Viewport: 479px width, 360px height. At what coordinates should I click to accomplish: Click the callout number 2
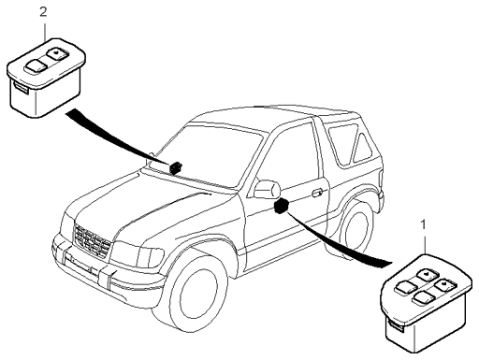[43, 12]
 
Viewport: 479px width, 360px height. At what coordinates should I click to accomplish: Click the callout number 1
[423, 225]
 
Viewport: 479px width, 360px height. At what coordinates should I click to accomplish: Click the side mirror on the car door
[267, 189]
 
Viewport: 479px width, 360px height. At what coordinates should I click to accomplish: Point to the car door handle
[318, 193]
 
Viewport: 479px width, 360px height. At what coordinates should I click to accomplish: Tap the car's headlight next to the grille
[138, 253]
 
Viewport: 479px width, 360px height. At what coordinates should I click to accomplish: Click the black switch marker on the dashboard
[176, 167]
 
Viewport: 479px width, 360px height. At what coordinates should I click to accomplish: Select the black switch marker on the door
[281, 206]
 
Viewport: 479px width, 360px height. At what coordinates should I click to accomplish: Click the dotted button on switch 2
[56, 53]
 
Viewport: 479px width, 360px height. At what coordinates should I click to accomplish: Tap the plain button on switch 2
[35, 65]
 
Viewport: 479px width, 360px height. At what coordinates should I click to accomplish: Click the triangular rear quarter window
[362, 148]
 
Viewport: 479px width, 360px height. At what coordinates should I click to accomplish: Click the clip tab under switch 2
[21, 89]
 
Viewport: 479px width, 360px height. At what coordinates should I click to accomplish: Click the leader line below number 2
[46, 31]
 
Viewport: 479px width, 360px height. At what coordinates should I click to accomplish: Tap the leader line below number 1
[425, 244]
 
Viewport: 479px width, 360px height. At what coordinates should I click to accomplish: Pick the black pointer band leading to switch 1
[338, 241]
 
